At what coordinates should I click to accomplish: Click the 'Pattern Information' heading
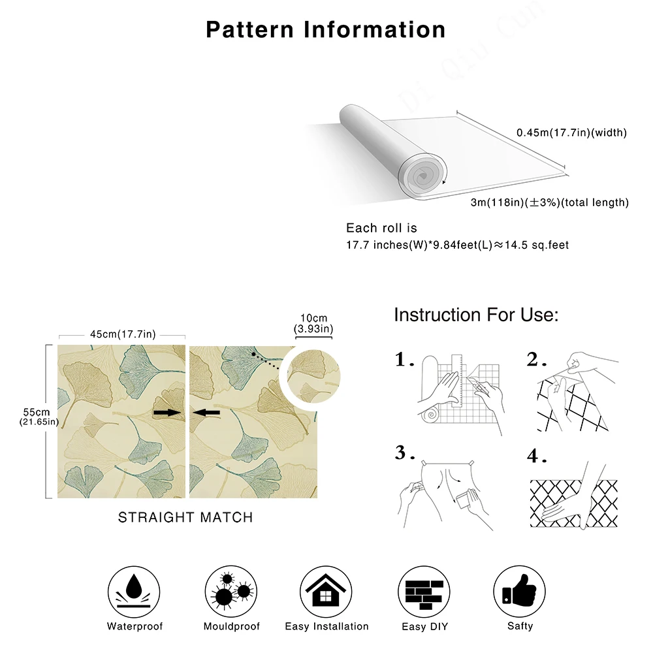pos(326,29)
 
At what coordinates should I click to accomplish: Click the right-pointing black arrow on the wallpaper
pos(165,413)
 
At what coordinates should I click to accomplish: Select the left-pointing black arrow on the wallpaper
pos(207,413)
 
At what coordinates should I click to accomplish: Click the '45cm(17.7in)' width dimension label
pos(123,335)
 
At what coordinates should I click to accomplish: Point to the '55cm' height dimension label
pos(37,412)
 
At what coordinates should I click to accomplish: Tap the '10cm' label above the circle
pos(313,318)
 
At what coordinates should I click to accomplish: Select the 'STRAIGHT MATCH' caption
pos(185,517)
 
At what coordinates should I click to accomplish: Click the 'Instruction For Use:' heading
pos(476,315)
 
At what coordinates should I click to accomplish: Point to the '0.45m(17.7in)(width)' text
pos(571,133)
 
